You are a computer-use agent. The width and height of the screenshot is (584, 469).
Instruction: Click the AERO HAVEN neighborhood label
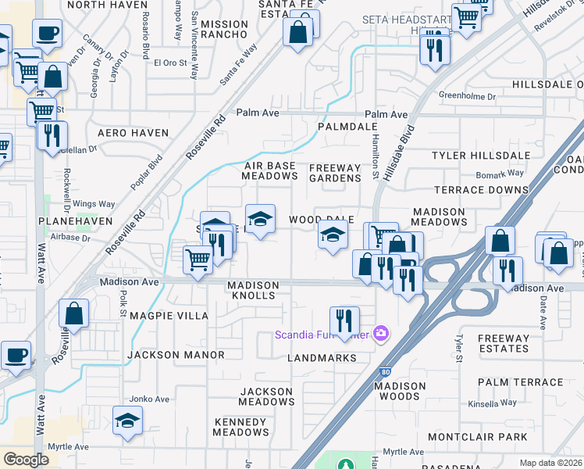(x=133, y=133)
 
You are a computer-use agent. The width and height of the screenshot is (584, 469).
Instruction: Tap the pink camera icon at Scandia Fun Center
(x=381, y=335)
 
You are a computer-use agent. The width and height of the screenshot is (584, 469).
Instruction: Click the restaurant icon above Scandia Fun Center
(x=344, y=320)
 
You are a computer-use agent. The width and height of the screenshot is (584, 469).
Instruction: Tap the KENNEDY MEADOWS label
(x=241, y=427)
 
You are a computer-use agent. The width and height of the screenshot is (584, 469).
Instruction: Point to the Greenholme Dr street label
(x=467, y=97)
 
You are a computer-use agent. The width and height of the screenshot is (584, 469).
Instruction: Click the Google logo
(x=27, y=460)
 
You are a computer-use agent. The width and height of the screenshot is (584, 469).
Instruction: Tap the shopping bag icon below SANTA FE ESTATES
(x=297, y=34)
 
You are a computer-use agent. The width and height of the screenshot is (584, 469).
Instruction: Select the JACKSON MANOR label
(x=176, y=355)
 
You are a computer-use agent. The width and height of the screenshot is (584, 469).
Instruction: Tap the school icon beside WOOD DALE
(x=333, y=234)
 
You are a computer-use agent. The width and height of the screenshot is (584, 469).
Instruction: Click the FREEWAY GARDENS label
(x=335, y=173)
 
